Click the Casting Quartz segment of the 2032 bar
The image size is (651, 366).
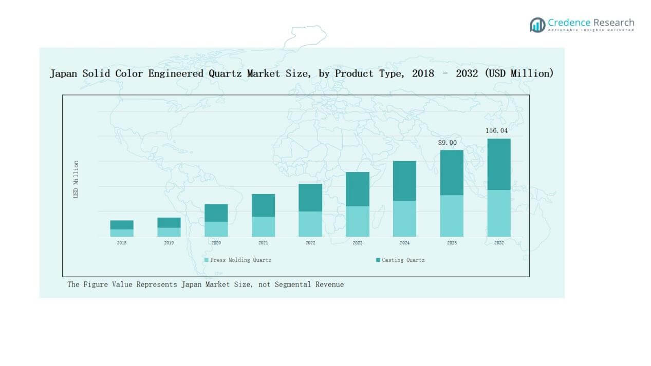[x=499, y=164]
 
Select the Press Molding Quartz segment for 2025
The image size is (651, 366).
[x=452, y=216]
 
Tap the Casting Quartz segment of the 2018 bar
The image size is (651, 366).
[x=122, y=225]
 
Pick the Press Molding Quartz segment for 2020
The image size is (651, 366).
[x=216, y=229]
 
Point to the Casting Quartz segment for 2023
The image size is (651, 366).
[x=358, y=189]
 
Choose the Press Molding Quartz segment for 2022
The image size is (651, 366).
[x=310, y=224]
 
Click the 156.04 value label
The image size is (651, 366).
[x=497, y=131]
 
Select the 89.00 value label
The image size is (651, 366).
[x=447, y=142]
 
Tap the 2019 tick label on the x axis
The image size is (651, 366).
[x=169, y=243]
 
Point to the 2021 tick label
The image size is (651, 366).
[x=263, y=243]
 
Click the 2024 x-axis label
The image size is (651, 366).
[x=404, y=243]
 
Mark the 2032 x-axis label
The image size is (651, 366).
[x=499, y=243]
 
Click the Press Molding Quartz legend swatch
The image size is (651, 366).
[x=207, y=260]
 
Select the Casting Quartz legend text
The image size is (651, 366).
[x=403, y=260]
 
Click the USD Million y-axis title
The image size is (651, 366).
[x=76, y=179]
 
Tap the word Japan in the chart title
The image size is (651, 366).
[x=64, y=74]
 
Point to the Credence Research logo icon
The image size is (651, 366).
[x=537, y=25]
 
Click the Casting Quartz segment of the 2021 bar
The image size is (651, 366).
[x=263, y=205]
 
